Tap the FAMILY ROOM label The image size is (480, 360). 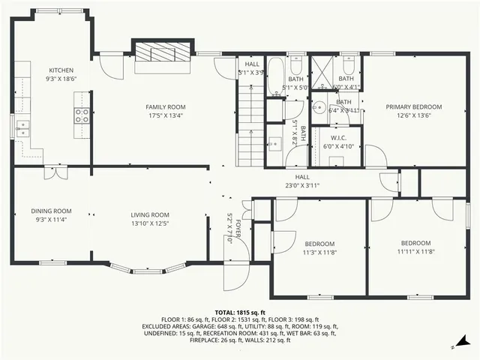tap(165, 107)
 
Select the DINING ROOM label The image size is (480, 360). tap(51, 211)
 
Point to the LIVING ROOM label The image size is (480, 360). tap(150, 214)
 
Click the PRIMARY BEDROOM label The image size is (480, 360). tap(414, 107)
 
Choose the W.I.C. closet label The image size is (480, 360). tap(338, 138)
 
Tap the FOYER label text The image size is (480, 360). tap(239, 227)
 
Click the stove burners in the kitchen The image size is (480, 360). tap(81, 115)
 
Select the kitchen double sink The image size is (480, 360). tap(22, 128)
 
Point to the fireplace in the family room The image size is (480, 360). tap(164, 53)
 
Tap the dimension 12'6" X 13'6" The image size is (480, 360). tap(414, 116)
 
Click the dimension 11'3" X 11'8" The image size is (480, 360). tap(319, 253)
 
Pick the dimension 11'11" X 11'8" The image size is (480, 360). tap(415, 252)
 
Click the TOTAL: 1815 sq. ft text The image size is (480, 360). tap(240, 312)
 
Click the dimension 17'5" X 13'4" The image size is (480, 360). tap(165, 116)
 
